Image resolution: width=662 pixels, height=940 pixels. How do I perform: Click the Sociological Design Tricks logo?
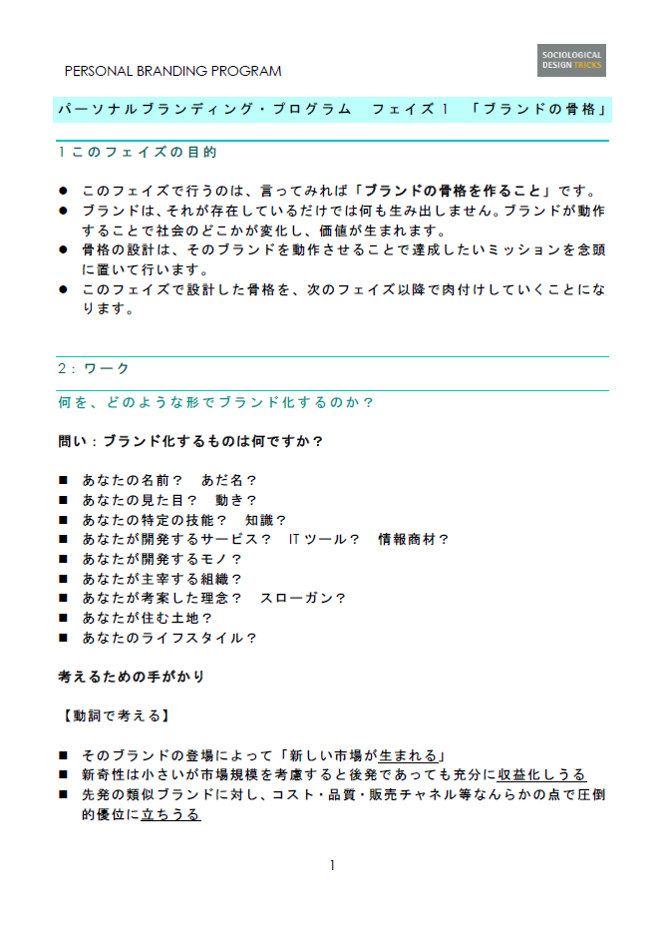[x=571, y=61]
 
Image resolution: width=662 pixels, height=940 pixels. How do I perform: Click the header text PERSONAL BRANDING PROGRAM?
[x=172, y=71]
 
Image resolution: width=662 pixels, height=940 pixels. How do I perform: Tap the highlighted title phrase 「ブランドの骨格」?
[x=540, y=109]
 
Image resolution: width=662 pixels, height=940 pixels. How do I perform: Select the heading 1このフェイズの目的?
[x=138, y=153]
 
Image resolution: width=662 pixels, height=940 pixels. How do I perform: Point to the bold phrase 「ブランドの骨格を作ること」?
[x=454, y=191]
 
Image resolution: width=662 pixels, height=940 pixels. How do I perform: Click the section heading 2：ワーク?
[x=94, y=368]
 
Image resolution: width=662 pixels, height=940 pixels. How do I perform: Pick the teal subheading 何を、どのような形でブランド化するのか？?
[x=215, y=402]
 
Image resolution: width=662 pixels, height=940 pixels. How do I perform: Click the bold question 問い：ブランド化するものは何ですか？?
[x=191, y=440]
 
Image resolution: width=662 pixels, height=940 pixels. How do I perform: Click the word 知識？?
[x=266, y=519]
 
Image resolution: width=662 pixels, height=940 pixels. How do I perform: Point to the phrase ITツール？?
[x=324, y=539]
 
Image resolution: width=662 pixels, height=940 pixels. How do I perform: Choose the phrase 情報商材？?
[x=414, y=539]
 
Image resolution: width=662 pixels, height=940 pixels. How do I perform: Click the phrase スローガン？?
[x=303, y=598]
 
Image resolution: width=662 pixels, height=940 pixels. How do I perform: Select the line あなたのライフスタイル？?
[x=170, y=638]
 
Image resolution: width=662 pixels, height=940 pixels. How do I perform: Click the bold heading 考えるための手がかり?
[x=132, y=677]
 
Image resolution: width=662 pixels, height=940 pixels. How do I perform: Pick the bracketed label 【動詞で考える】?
[x=114, y=715]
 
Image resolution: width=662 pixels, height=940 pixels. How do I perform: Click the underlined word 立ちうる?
[x=170, y=814]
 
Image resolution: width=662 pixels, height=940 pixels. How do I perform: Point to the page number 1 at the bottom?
[x=332, y=865]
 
